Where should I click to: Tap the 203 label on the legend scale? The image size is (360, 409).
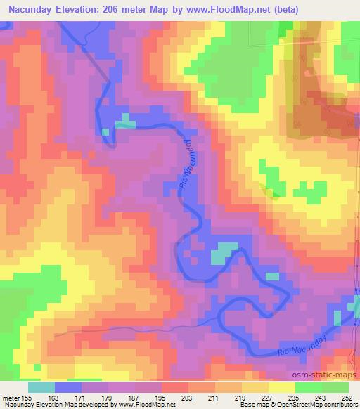click(167, 397)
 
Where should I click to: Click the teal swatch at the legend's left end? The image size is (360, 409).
click(41, 387)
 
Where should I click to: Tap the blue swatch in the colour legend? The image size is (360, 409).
click(68, 387)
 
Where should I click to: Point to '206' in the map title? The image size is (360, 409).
click(120, 10)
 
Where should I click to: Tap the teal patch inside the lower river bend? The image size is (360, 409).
click(224, 251)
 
